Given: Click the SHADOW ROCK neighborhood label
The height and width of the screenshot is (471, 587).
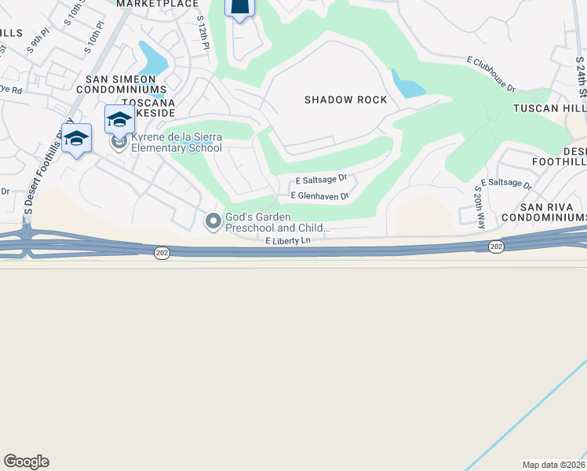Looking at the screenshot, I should (x=346, y=100).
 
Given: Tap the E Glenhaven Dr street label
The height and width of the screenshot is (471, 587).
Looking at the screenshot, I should (x=319, y=195).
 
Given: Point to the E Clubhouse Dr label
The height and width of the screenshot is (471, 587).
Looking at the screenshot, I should (x=490, y=75).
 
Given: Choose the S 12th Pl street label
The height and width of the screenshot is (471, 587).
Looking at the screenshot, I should (x=203, y=32).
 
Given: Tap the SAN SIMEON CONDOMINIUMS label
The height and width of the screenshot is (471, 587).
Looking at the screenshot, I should (x=126, y=85).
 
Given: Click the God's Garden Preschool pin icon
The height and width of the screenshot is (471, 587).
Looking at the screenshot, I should (x=213, y=222).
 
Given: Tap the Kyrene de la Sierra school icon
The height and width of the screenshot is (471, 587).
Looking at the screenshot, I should (x=119, y=142).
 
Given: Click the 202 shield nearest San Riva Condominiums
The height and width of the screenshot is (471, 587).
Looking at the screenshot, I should (x=495, y=246).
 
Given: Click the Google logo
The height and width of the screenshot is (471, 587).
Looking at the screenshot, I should (x=26, y=462).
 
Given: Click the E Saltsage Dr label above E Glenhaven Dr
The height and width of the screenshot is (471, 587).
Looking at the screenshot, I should (x=321, y=178).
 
